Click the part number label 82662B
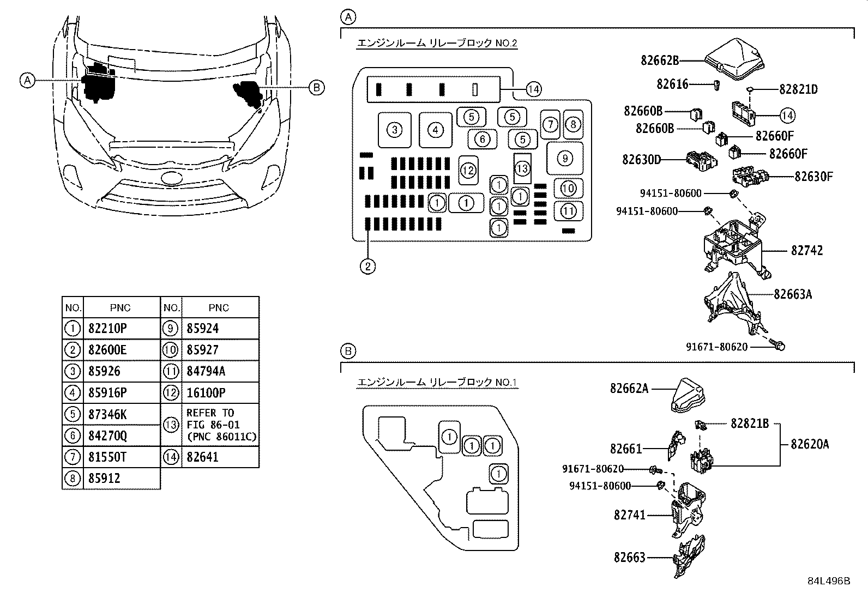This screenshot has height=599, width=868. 660,60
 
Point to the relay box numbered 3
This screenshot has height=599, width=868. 395,130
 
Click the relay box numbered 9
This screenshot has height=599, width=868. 565,158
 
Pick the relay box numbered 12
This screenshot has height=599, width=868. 468,171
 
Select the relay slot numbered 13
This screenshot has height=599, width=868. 522,168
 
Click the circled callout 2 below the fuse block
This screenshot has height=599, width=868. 367,266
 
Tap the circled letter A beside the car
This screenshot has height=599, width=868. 27,80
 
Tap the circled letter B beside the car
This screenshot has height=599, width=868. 317,87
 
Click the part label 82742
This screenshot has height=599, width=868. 807,251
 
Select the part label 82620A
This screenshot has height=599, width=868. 810,444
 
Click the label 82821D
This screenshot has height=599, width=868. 798,89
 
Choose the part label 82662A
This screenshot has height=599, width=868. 629,389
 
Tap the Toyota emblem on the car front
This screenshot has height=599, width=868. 172,178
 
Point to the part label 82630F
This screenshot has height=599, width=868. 813,177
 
